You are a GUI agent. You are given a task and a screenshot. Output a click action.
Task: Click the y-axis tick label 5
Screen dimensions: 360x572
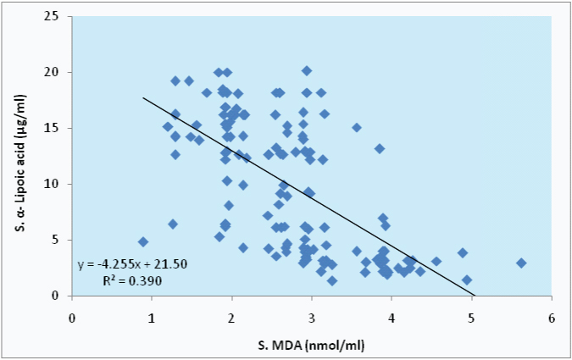55,240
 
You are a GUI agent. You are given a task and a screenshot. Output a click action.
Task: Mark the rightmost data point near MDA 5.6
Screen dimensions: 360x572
521,263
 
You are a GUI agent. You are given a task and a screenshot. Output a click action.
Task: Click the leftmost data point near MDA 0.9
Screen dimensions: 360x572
143,242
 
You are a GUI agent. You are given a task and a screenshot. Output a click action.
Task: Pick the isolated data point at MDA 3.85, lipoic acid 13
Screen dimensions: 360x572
380,149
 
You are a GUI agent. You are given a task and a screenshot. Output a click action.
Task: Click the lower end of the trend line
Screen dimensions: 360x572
475,296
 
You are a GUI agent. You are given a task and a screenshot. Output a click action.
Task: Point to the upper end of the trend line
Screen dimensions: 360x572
142,98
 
